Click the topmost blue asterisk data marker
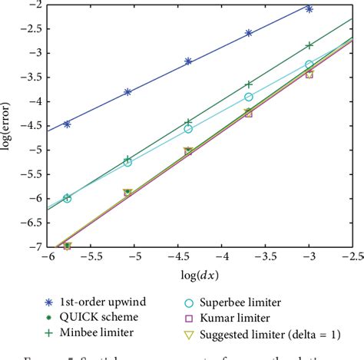pos(309,8)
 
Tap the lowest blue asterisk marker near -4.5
pos(67,124)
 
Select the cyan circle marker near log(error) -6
pos(68,198)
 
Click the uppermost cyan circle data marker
pos(309,65)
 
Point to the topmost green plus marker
pos(309,46)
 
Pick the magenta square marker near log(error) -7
pos(68,246)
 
